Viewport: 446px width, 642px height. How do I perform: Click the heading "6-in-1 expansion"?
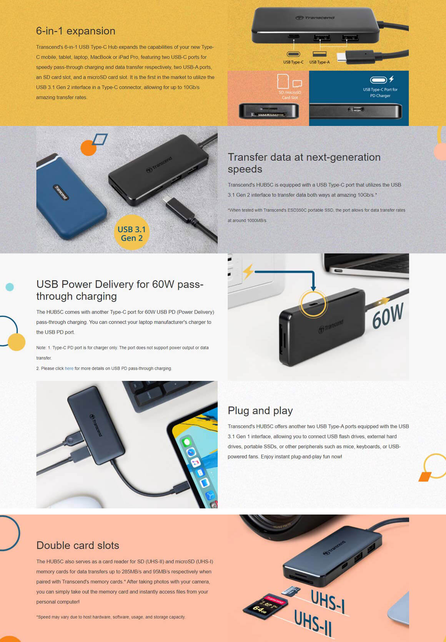point(75,31)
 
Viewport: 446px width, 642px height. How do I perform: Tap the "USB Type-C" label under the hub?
point(293,62)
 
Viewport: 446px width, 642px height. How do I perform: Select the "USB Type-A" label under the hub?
point(320,62)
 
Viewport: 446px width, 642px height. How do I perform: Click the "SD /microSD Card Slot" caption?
point(290,95)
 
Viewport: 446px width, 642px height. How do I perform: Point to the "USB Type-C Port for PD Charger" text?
point(380,93)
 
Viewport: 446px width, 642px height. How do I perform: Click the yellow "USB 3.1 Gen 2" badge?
point(132,233)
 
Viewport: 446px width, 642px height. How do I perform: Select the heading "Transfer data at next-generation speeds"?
point(304,163)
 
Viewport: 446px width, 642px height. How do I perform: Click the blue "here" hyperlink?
point(69,368)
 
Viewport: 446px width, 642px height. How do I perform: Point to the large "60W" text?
point(388,315)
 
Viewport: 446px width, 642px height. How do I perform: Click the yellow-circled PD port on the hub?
point(313,304)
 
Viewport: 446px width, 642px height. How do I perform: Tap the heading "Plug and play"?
point(260,411)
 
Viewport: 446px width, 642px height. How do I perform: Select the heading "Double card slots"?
point(78,545)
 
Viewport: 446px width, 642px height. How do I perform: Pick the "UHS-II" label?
point(313,623)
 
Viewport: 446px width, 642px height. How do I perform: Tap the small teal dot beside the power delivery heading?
point(10,287)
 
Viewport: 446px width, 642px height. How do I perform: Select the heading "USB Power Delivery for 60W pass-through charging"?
point(120,290)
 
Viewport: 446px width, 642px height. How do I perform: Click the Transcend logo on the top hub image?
point(315,18)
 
